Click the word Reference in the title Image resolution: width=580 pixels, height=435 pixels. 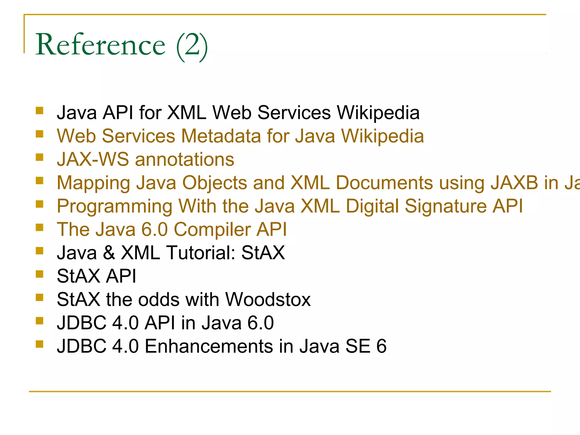[x=100, y=45]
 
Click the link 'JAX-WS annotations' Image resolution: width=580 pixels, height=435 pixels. [x=145, y=159]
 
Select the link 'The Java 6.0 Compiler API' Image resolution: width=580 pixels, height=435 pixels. [x=172, y=229]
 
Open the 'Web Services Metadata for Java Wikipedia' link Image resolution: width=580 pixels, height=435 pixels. [x=240, y=136]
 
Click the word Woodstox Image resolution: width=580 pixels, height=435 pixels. [x=268, y=299]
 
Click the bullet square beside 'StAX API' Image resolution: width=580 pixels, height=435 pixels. [x=40, y=274]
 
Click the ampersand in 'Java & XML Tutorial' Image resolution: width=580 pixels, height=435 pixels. [x=109, y=253]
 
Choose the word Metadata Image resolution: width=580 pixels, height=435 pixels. [x=221, y=136]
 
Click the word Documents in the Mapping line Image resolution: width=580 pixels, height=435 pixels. [x=384, y=183]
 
